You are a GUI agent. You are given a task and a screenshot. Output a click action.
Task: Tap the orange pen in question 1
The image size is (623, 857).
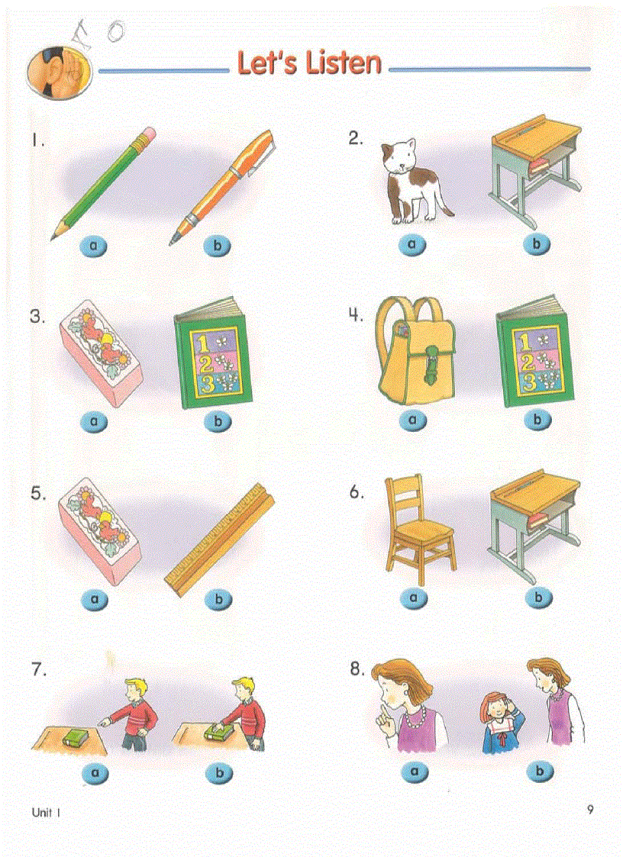tap(221, 185)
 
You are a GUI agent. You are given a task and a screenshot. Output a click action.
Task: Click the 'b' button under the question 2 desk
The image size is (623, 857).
tap(538, 244)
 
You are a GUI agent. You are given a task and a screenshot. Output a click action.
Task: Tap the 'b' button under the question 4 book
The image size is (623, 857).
tap(538, 420)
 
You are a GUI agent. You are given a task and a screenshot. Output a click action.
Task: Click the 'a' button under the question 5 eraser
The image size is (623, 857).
tap(95, 600)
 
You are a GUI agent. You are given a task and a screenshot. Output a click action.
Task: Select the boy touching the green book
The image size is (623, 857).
tap(246, 714)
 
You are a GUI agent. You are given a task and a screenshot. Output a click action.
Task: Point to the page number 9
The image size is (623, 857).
tap(590, 810)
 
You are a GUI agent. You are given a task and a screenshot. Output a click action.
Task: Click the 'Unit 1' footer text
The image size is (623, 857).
tap(45, 813)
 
